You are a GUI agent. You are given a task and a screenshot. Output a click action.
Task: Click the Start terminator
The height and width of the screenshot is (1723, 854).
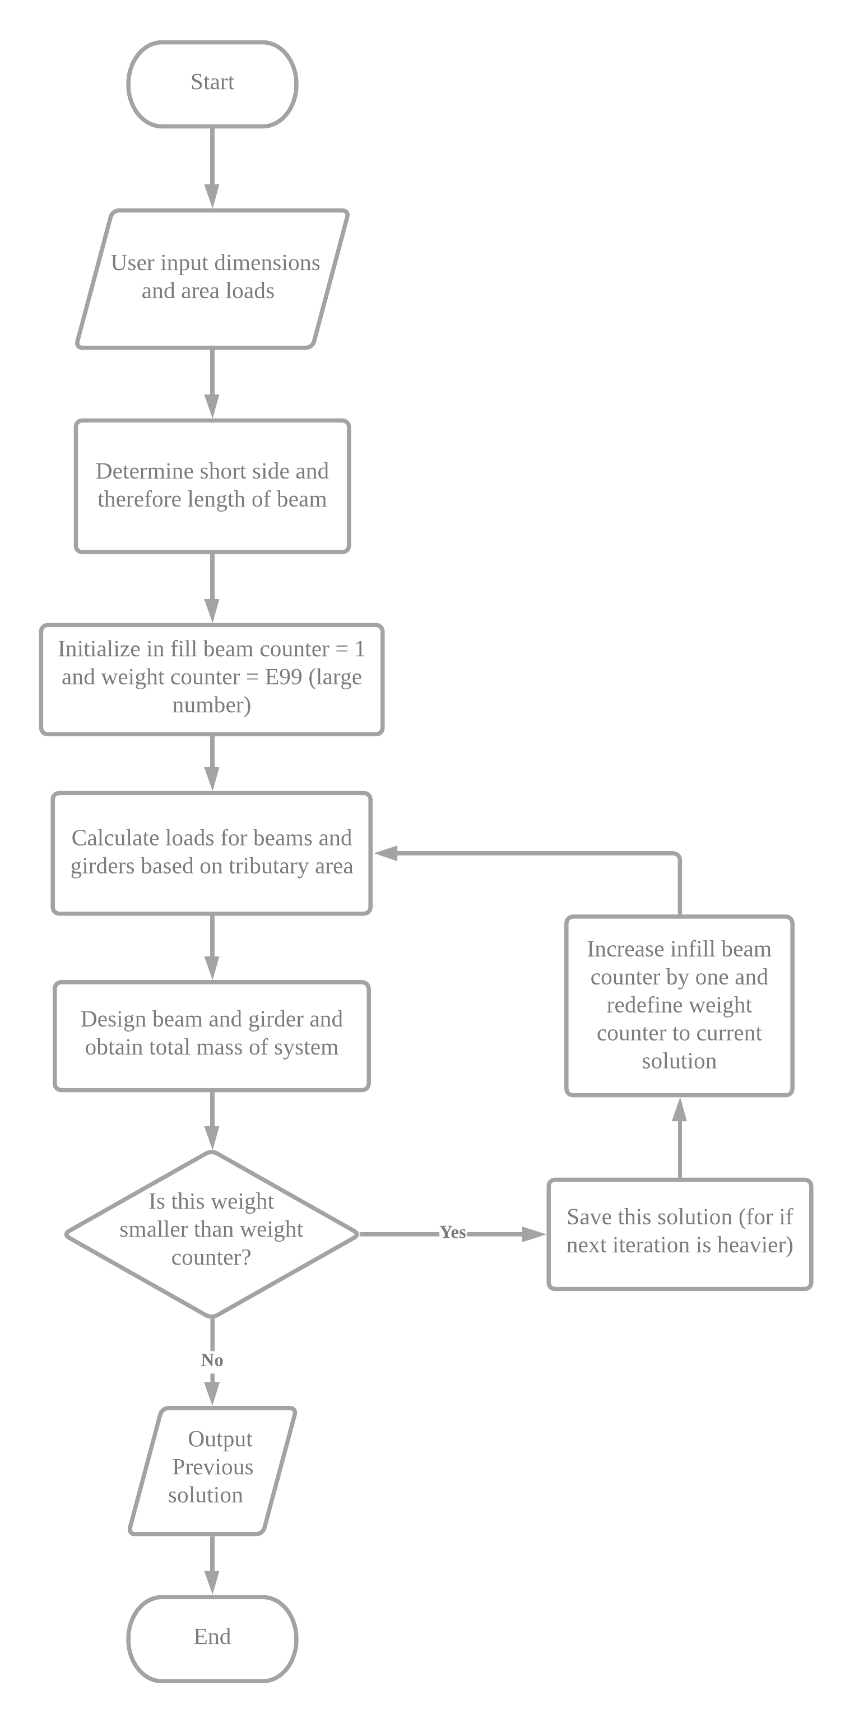coord(212,83)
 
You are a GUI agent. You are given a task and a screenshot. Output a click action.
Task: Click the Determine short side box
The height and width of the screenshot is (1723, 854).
coord(212,486)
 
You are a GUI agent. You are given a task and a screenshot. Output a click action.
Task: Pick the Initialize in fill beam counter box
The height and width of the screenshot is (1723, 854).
coord(212,679)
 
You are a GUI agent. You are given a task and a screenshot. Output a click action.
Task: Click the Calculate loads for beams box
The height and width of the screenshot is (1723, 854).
coord(212,853)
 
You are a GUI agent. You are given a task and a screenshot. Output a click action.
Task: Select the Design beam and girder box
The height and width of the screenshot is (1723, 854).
coord(212,1035)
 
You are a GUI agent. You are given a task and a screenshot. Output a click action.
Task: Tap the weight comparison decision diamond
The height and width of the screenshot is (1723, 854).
coord(212,1233)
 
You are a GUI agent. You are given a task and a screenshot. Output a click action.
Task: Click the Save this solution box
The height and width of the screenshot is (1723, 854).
coord(680,1233)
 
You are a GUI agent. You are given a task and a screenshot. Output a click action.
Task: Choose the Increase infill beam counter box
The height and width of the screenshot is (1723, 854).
coord(680,1005)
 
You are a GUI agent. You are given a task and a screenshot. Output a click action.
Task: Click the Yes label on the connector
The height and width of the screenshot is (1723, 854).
coord(453,1232)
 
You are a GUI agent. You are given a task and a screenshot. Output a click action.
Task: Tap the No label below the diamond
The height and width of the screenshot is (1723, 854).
coord(212,1360)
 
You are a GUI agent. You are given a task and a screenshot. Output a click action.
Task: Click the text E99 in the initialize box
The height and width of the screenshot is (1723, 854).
coord(284,677)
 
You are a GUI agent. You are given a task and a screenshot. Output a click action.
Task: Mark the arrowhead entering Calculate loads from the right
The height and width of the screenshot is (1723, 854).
coord(384,853)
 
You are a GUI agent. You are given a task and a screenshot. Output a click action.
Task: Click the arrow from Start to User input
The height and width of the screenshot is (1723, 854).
coord(212,167)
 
